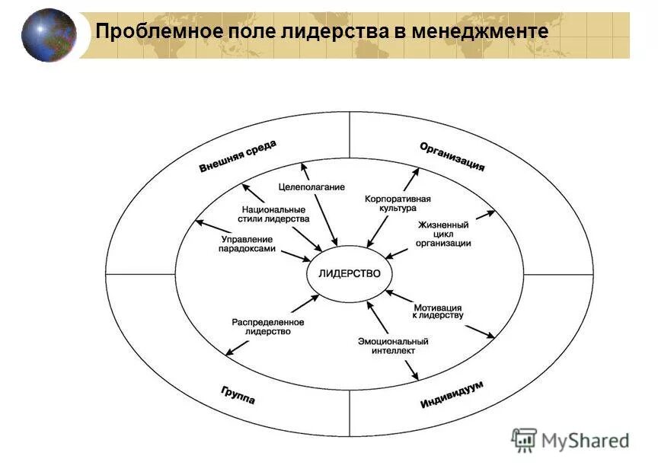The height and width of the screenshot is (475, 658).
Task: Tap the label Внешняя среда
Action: click(x=238, y=156)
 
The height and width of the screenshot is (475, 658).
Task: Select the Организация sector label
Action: click(x=452, y=156)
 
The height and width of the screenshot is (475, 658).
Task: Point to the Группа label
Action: click(x=238, y=395)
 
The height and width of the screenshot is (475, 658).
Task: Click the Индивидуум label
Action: click(x=452, y=395)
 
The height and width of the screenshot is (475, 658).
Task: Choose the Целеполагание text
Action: click(x=311, y=186)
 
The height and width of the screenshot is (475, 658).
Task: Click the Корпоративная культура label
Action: click(x=398, y=203)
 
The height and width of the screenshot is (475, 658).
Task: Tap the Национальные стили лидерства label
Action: click(x=274, y=214)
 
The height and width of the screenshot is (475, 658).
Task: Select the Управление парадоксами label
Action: click(x=247, y=244)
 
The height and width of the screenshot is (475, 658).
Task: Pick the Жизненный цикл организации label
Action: click(x=443, y=234)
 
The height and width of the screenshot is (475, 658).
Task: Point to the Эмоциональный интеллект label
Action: click(x=393, y=346)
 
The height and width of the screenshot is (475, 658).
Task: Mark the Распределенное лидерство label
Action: click(x=268, y=327)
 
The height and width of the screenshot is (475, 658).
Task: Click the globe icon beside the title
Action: click(x=49, y=34)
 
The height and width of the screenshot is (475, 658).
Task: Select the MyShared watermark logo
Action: click(x=570, y=439)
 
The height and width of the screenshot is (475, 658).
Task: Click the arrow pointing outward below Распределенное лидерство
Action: click(x=237, y=347)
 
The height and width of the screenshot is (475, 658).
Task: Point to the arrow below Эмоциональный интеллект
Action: click(x=412, y=369)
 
